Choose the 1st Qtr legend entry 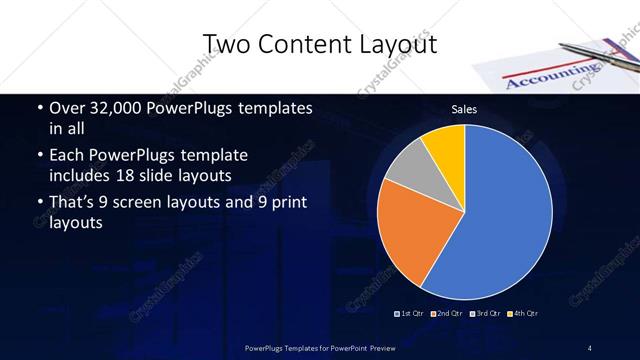411,314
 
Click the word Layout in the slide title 395,43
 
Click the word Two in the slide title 227,43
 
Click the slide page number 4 590,347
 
